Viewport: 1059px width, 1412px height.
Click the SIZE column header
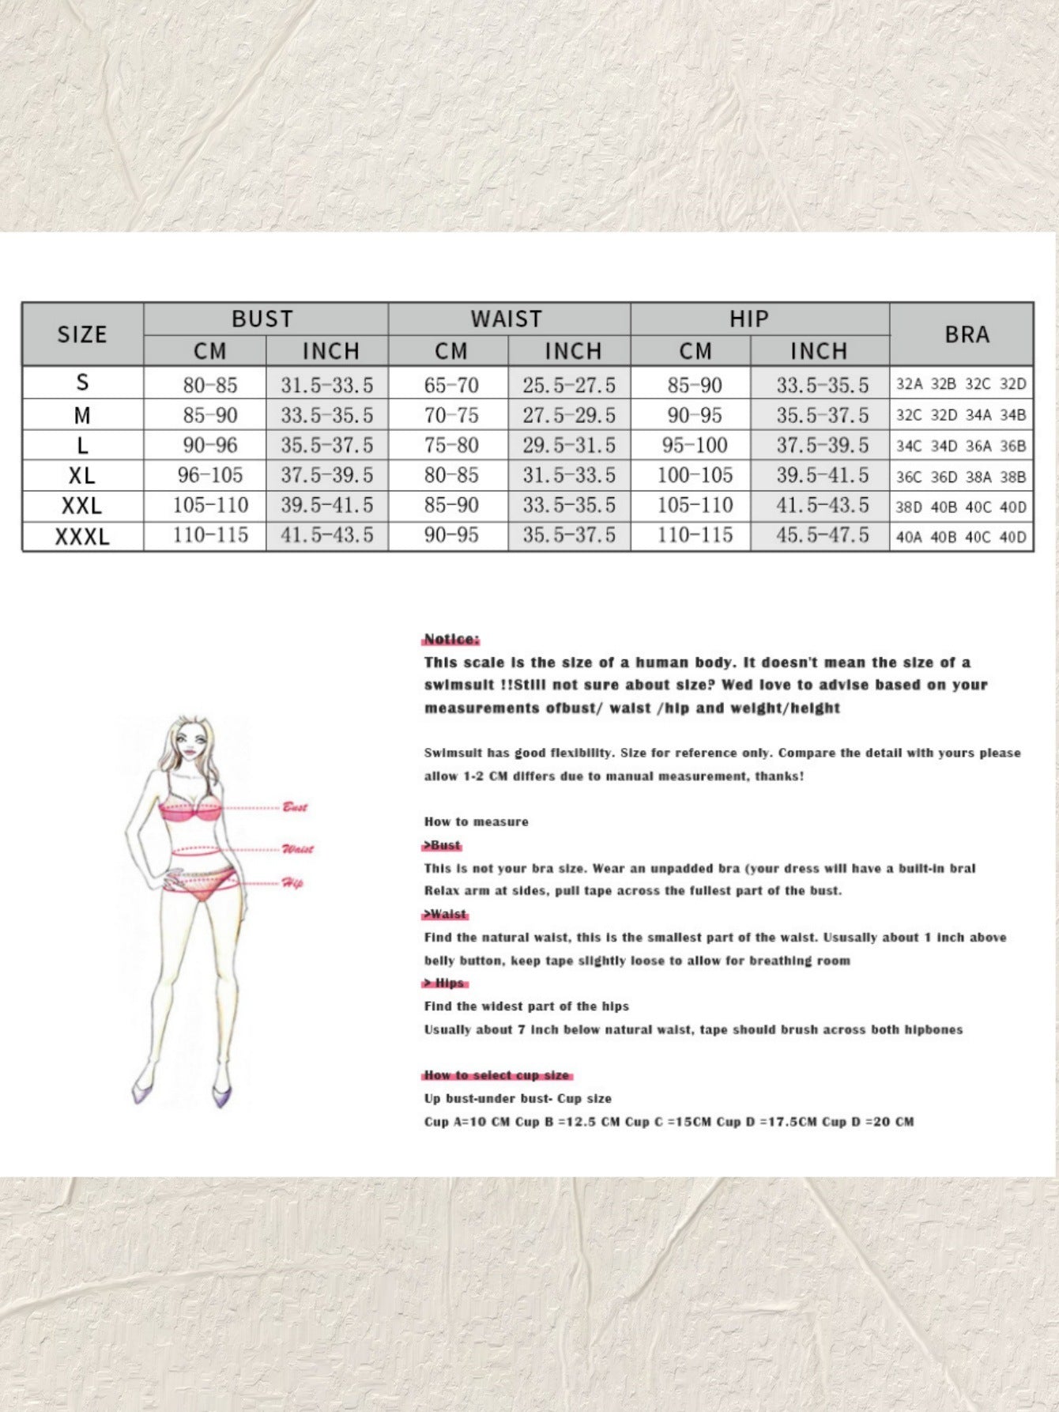(82, 334)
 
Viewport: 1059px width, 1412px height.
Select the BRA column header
(967, 334)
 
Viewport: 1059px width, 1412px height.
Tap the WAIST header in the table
(507, 319)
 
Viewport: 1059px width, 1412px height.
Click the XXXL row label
(82, 537)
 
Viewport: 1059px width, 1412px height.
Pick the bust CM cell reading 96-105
(210, 475)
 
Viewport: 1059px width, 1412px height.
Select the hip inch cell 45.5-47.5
(822, 535)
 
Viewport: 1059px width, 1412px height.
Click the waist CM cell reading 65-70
(451, 385)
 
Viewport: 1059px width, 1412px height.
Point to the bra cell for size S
(961, 385)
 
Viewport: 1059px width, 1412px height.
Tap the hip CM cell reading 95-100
(694, 445)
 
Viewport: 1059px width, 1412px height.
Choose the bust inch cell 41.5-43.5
(327, 535)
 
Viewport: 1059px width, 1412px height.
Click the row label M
(82, 415)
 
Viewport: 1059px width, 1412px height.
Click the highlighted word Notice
(451, 640)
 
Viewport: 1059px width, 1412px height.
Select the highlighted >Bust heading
(443, 845)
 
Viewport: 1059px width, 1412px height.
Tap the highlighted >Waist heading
(446, 914)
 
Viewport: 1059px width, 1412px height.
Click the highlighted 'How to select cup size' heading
(497, 1075)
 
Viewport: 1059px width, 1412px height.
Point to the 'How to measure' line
(476, 821)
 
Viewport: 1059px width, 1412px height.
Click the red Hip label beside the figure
(292, 883)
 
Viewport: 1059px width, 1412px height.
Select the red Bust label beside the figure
(295, 807)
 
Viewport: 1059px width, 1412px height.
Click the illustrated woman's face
(190, 743)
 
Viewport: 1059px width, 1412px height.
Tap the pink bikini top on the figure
(190, 812)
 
